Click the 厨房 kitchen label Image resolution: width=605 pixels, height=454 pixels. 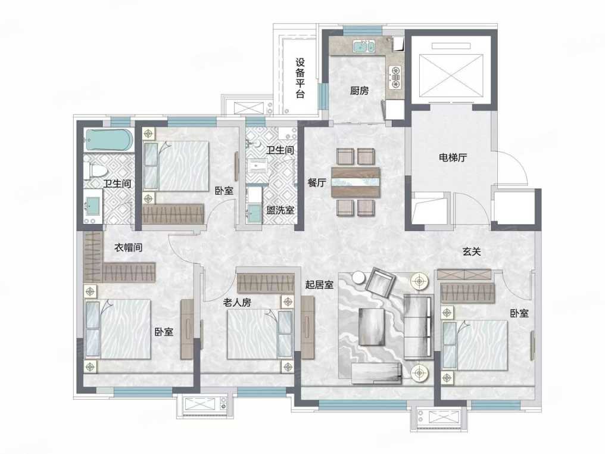[360, 91]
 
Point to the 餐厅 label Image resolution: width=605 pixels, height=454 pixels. [317, 184]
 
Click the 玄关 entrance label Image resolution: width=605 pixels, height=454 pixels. [472, 252]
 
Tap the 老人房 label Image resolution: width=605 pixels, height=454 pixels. [237, 302]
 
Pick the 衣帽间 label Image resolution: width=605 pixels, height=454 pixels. [129, 247]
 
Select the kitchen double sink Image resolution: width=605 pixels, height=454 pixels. [363, 46]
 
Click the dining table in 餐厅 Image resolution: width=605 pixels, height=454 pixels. [355, 182]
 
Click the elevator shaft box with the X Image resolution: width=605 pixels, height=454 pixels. [451, 70]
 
